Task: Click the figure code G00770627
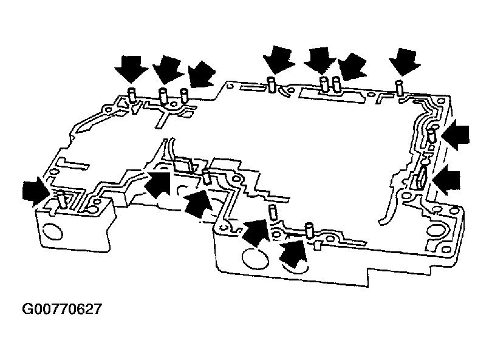click(62, 309)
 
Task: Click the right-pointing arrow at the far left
click(36, 191)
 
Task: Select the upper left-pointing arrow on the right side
click(456, 134)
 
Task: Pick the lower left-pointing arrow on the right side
click(446, 180)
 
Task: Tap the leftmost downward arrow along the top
click(131, 69)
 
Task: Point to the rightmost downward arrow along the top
click(405, 62)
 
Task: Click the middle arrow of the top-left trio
click(168, 71)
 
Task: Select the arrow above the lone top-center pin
click(278, 60)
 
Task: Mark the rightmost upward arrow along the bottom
click(292, 254)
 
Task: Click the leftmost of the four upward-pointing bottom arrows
click(157, 185)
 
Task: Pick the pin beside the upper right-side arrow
click(432, 137)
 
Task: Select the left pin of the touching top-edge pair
click(324, 84)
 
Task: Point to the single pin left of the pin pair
click(272, 84)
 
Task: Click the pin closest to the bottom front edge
click(309, 231)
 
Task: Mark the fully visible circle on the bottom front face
click(255, 258)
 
